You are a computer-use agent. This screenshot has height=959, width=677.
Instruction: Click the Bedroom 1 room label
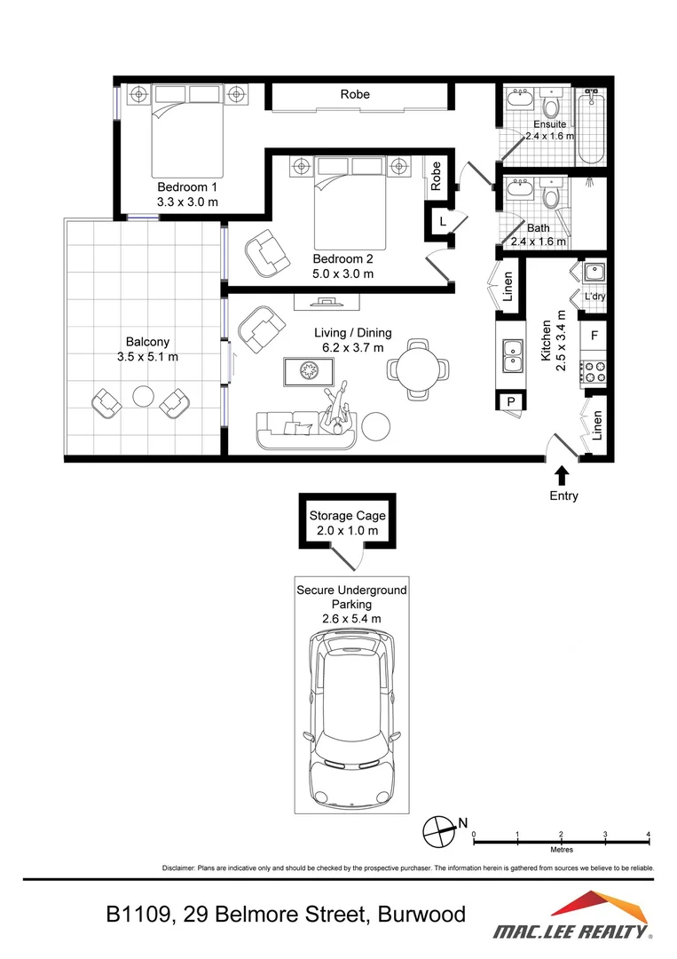tap(187, 187)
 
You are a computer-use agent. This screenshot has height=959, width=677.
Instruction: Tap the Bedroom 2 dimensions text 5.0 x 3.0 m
tap(342, 273)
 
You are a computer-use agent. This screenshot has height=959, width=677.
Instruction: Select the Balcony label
tap(147, 341)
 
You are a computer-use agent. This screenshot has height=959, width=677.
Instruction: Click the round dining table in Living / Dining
tap(416, 367)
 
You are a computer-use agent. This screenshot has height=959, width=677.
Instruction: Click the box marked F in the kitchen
tap(594, 337)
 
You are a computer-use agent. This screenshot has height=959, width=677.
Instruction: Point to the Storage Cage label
tap(347, 516)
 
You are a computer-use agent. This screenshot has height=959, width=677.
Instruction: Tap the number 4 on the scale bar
tap(649, 834)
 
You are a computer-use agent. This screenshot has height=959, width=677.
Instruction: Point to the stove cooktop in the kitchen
tap(594, 370)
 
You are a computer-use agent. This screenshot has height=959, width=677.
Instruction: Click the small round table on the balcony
tap(142, 396)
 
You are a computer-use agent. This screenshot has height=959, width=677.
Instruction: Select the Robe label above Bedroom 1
tap(355, 94)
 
